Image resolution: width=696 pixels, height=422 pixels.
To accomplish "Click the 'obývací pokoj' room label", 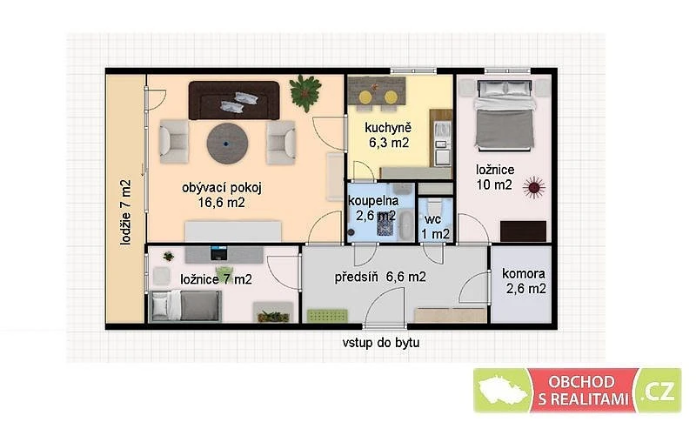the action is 222,188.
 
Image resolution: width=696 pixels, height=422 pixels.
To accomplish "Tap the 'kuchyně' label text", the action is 388,128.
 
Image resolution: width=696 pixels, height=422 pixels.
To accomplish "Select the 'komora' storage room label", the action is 524,273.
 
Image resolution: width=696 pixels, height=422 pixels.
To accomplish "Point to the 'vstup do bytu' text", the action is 380,343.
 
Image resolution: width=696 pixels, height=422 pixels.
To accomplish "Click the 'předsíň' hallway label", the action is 356,277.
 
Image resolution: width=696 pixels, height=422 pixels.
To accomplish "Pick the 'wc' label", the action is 432,219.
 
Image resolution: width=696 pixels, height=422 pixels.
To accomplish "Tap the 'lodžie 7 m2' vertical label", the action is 126,212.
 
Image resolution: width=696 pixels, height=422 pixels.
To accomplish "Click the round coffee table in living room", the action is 227,144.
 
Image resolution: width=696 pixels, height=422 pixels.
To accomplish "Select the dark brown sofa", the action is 234,100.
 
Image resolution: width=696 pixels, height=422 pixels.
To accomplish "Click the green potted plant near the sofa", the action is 305,93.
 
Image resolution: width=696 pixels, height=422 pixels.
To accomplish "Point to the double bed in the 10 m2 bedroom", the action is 505,115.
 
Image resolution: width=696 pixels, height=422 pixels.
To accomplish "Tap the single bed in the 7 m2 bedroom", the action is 185,305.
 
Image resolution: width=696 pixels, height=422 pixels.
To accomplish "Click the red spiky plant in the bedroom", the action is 534,187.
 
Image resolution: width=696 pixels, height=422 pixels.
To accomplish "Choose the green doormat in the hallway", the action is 327,316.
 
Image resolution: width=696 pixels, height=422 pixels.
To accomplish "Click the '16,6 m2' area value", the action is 222,203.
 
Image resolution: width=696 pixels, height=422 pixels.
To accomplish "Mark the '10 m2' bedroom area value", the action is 494,184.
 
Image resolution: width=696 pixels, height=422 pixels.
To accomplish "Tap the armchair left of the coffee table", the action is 174,142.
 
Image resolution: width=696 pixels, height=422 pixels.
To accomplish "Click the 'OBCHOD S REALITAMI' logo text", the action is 582,391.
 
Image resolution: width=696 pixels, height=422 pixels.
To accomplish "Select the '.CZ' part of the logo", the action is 659,391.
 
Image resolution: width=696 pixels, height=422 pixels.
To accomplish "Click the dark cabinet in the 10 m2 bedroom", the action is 524,231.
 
